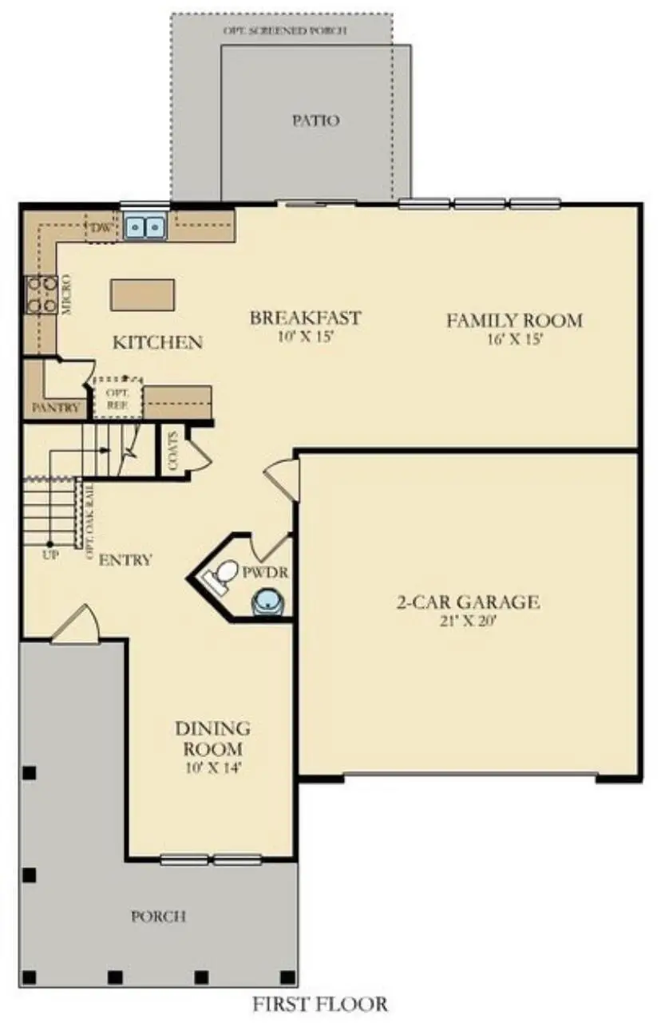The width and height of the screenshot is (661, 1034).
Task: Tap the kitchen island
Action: point(143,294)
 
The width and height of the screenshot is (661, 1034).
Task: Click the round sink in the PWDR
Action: point(266,602)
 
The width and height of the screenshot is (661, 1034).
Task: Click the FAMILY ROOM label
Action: point(514,321)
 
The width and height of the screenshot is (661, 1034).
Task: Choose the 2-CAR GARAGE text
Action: point(468,602)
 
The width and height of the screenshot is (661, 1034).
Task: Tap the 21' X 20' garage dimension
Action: point(468,620)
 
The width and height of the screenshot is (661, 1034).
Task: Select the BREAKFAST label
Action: point(305,318)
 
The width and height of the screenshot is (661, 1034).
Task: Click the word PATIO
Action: point(315,121)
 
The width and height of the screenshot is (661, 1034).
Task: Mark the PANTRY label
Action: point(55,408)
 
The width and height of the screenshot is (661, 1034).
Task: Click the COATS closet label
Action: point(173,450)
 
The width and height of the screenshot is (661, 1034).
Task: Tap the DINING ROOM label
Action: point(212,739)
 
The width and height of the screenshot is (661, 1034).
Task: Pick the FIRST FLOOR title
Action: point(320,1004)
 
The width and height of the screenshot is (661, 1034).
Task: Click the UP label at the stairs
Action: point(49,555)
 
